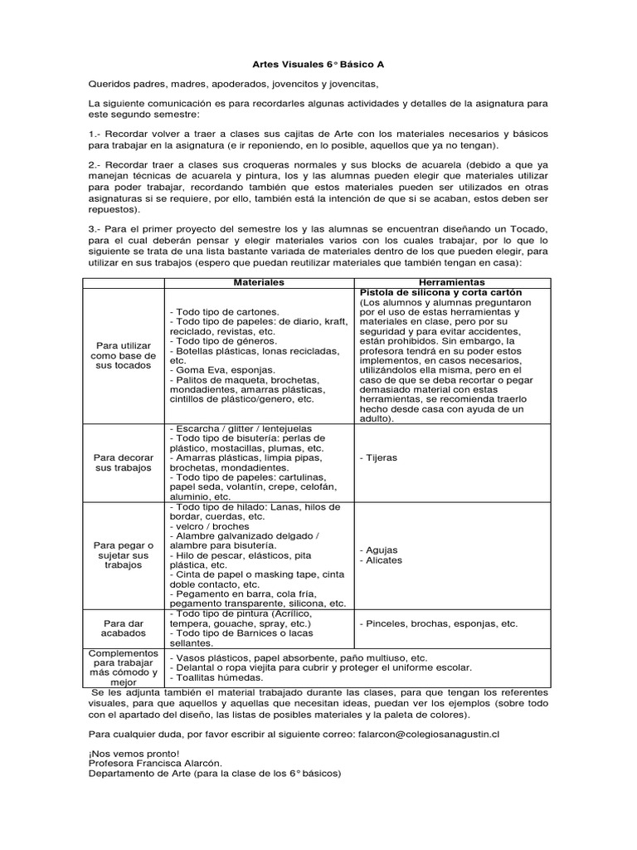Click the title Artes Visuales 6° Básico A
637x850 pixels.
(318, 63)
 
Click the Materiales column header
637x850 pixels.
(259, 283)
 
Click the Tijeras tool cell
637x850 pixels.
(381, 457)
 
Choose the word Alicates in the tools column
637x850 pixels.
(382, 560)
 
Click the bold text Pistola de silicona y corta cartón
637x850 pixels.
(445, 293)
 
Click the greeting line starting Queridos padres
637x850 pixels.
(233, 84)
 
